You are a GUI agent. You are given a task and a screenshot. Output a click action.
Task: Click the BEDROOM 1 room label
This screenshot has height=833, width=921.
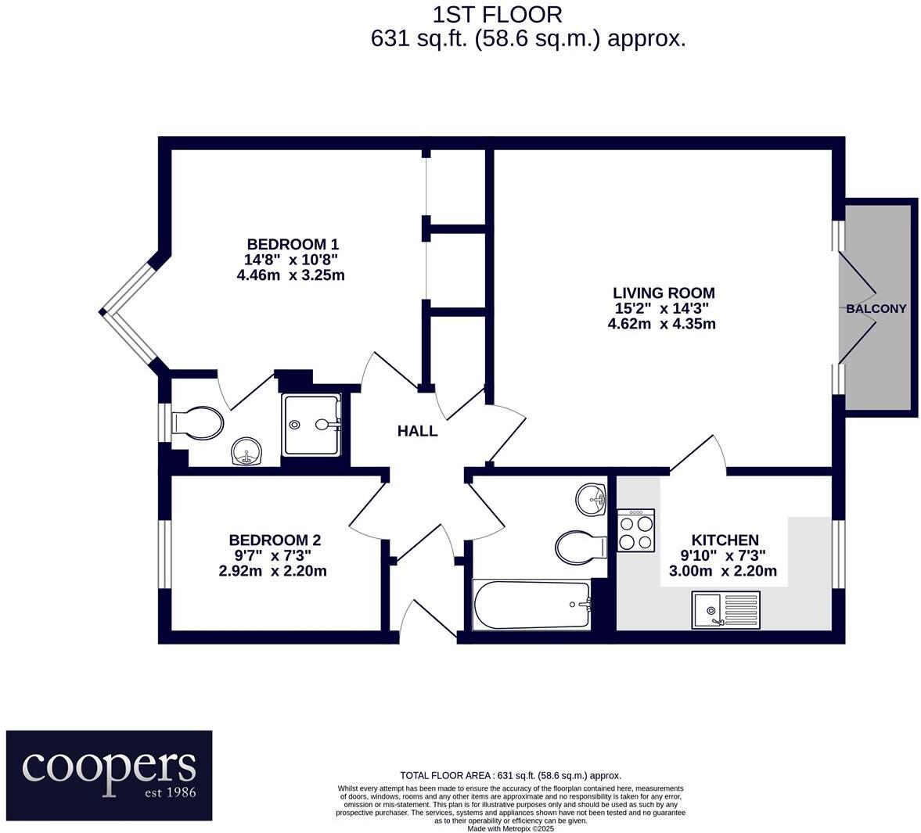293,243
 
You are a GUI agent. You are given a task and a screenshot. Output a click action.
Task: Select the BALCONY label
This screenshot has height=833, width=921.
876,309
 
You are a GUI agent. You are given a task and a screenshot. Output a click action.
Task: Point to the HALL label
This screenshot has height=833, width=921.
417,431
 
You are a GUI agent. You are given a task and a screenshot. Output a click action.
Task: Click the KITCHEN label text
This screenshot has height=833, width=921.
725,540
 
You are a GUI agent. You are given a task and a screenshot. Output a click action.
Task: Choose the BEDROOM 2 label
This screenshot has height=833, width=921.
274,540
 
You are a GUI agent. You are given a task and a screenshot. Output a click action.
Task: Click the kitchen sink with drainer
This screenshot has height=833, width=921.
725,609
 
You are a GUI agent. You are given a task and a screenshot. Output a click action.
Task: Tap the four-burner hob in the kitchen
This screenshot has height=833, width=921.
636,530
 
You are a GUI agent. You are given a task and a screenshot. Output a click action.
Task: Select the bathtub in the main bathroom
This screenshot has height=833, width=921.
532,605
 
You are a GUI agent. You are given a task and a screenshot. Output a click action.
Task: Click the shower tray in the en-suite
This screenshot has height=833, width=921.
311,425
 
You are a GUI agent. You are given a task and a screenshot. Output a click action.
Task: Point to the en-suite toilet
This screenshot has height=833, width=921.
197,423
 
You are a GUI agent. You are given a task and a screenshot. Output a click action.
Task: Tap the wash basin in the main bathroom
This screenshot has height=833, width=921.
592,499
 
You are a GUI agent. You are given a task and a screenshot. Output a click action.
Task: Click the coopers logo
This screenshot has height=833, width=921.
110,774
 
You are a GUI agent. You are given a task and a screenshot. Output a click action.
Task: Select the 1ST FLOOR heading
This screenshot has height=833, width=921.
497,14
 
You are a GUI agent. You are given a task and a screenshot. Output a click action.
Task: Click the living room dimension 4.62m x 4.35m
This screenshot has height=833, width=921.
661,324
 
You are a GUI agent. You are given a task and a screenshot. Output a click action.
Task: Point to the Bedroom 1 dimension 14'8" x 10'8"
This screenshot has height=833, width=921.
291,260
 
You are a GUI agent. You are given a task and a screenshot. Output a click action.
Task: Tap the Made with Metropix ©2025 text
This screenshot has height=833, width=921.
510,828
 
